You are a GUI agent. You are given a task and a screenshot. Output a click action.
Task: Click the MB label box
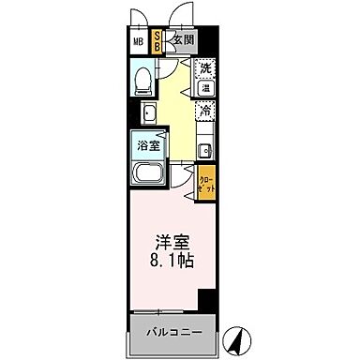tap(138, 41)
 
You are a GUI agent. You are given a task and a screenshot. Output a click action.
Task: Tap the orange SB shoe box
tap(157, 41)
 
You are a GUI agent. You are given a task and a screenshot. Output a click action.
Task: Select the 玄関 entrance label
tap(182, 40)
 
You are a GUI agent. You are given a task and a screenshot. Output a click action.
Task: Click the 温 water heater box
tap(205, 90)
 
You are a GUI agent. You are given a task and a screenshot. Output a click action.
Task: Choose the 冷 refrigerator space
tap(205, 112)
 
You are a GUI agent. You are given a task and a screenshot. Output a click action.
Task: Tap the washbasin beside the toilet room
tap(148, 113)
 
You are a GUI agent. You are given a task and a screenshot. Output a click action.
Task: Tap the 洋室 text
tap(169, 241)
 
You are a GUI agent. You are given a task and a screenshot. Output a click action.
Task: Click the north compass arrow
tap(241, 332)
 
